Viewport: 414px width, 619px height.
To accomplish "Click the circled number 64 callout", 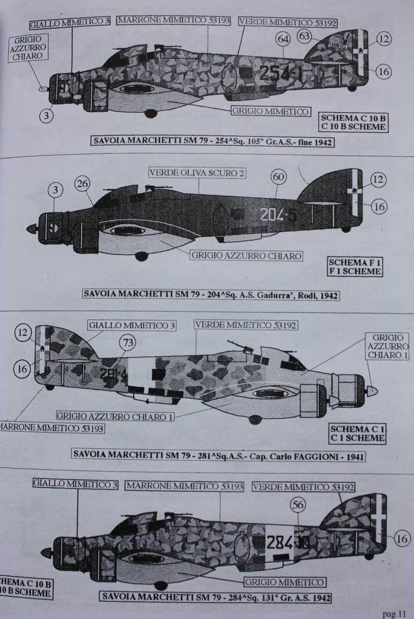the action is pos(283,39).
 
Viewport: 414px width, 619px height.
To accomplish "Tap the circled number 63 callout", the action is pos(305,36).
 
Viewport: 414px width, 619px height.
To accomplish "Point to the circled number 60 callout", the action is pos(278,177).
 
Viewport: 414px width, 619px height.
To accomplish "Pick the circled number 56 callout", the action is pos(297,505).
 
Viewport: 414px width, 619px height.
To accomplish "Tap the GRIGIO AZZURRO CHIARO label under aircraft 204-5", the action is pos(246,255).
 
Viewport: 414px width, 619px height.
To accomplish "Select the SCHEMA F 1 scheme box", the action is pos(356,266).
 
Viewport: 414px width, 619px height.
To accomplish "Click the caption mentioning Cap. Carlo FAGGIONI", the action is pos(218,455).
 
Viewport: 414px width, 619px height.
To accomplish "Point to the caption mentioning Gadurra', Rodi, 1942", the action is pos(211,294).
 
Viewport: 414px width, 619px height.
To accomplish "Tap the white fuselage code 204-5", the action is pos(277,215).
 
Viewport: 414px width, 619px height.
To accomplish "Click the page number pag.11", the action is pos(394,614).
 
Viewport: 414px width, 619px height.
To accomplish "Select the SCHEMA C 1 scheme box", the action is pos(357,433).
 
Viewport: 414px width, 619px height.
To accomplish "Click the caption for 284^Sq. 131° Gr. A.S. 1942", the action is pos(215,597).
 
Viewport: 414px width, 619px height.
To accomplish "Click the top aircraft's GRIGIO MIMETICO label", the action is pos(270,111).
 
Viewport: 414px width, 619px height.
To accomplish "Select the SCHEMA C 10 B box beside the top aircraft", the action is pos(352,123).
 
